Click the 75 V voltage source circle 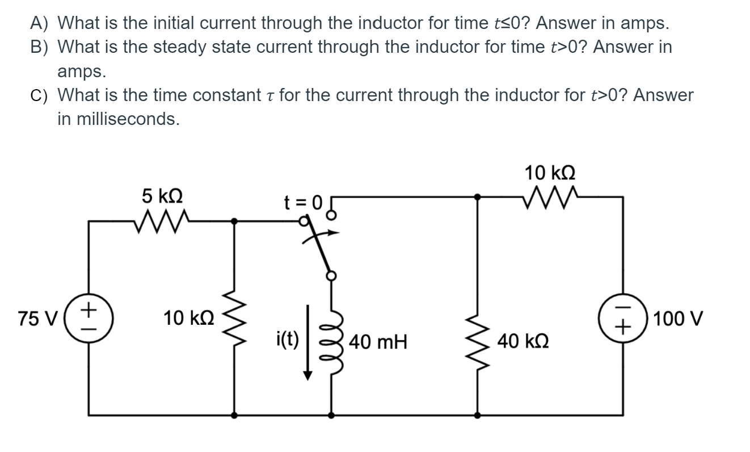88,317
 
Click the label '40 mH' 378,342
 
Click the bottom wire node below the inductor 331,415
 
